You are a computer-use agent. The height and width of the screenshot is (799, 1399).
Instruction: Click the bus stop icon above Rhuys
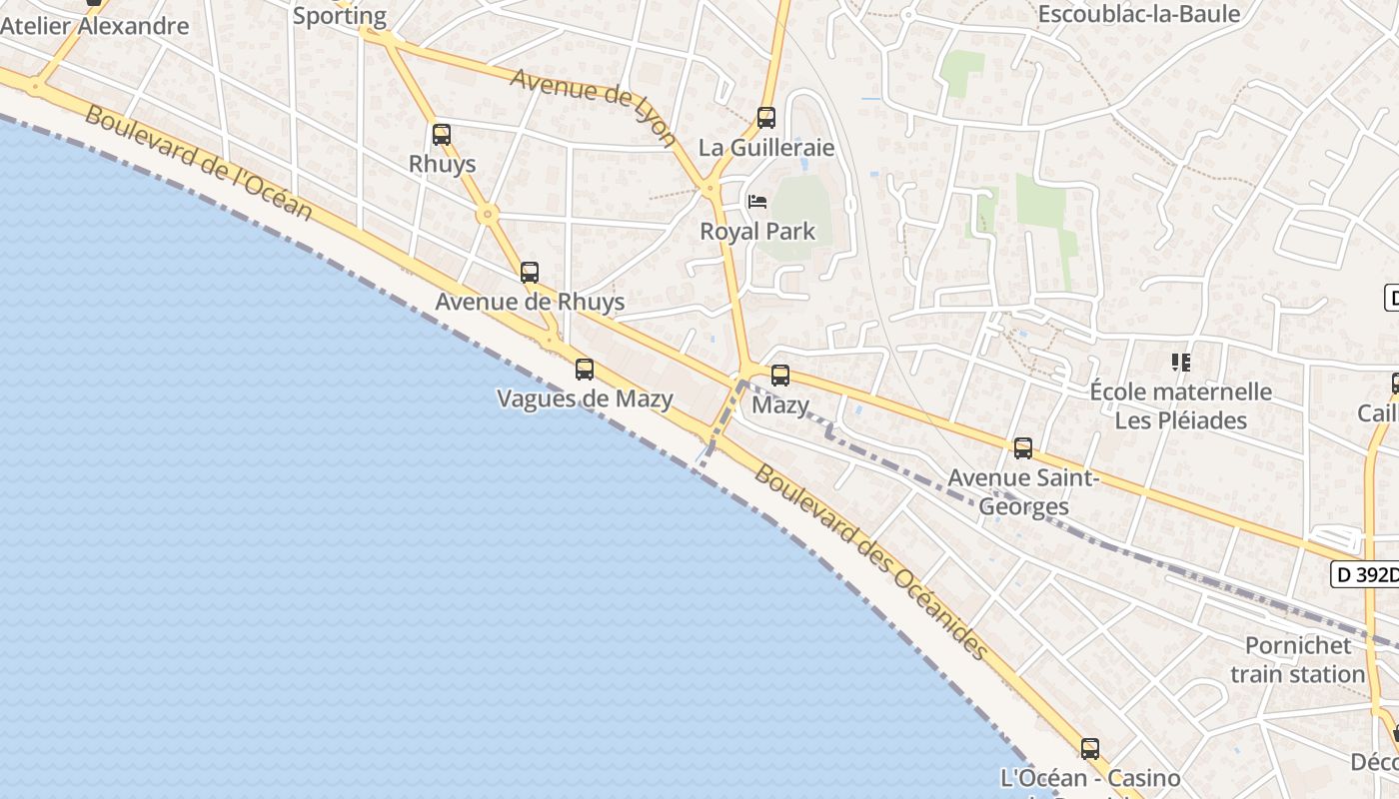(x=442, y=134)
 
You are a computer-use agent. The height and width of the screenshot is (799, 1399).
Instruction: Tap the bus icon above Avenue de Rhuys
(x=530, y=272)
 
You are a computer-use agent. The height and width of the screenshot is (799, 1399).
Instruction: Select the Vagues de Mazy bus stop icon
(x=585, y=370)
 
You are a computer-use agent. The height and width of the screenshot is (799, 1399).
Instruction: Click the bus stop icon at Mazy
(x=780, y=376)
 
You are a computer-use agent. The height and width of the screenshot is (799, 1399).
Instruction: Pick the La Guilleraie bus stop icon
(x=766, y=117)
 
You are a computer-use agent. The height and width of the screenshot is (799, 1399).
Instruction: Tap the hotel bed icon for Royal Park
(x=757, y=202)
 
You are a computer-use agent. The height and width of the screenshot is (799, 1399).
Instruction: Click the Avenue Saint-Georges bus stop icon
(x=1023, y=448)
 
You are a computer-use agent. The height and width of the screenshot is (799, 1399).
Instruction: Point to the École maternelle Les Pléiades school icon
(x=1181, y=362)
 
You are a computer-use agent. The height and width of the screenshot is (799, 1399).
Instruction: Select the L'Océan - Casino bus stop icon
(x=1090, y=748)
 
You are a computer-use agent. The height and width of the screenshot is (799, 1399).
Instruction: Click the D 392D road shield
(x=1366, y=574)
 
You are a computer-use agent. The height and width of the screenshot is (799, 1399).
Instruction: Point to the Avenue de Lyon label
(x=594, y=106)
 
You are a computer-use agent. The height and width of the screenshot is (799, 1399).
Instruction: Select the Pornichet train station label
(x=1298, y=659)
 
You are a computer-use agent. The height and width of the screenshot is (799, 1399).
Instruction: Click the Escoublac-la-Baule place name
(x=1138, y=14)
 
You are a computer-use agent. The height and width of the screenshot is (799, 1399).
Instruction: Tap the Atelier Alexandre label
(x=94, y=26)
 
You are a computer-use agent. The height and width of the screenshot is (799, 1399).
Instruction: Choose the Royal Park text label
(x=757, y=232)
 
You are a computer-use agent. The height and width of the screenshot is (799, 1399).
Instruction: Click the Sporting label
(x=340, y=15)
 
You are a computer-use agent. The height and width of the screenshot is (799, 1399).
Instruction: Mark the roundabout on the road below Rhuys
(x=487, y=213)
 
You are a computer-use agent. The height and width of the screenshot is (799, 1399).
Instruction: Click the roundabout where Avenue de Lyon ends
(x=710, y=187)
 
